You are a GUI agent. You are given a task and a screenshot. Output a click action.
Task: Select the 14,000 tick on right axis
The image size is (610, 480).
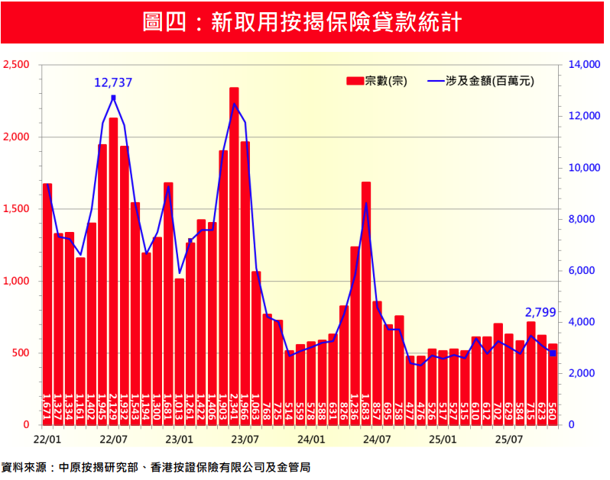coord(585,65)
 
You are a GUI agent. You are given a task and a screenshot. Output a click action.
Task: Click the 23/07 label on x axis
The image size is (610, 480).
coord(245,440)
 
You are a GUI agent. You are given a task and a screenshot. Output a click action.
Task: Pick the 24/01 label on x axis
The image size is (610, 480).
coord(310,440)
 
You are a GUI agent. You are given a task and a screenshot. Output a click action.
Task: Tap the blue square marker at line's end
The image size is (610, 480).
coord(553,353)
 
